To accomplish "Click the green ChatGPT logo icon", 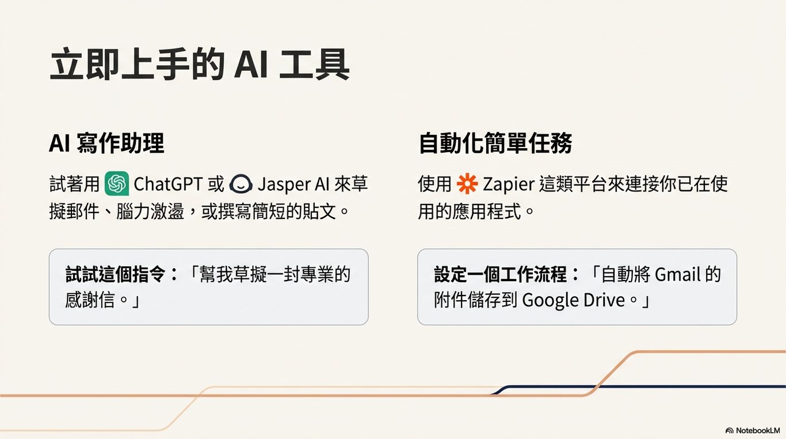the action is click(117, 184).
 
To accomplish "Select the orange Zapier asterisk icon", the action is click(467, 184).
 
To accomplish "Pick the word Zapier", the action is click(509, 184).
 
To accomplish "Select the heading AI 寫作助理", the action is click(106, 144).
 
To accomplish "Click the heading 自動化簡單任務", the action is click(495, 144).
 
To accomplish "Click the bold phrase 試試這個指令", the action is click(115, 274).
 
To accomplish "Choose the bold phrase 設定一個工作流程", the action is click(500, 274).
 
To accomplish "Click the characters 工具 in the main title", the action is click(314, 67).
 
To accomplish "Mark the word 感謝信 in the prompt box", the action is click(90, 300).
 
